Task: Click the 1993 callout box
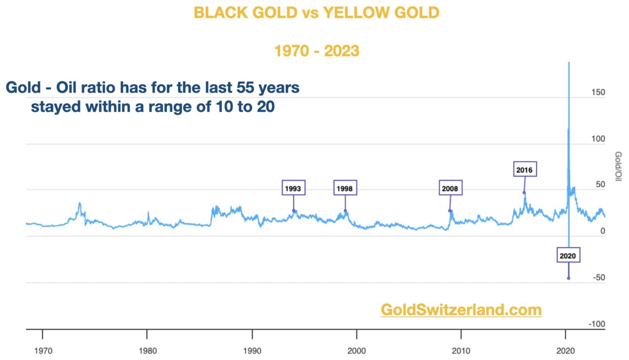[293, 188]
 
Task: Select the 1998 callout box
[345, 188]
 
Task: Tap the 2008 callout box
[450, 188]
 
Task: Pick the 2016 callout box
[525, 169]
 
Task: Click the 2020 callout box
[568, 256]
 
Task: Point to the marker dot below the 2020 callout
[568, 278]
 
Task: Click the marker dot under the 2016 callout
[524, 192]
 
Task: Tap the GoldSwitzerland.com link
[461, 310]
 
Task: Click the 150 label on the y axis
[598, 92]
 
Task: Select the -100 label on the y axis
[597, 324]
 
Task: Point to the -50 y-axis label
[599, 278]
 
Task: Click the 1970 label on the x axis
[43, 351]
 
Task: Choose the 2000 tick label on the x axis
[357, 351]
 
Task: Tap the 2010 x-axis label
[461, 351]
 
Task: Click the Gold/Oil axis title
[618, 166]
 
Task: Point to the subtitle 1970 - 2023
[317, 51]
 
